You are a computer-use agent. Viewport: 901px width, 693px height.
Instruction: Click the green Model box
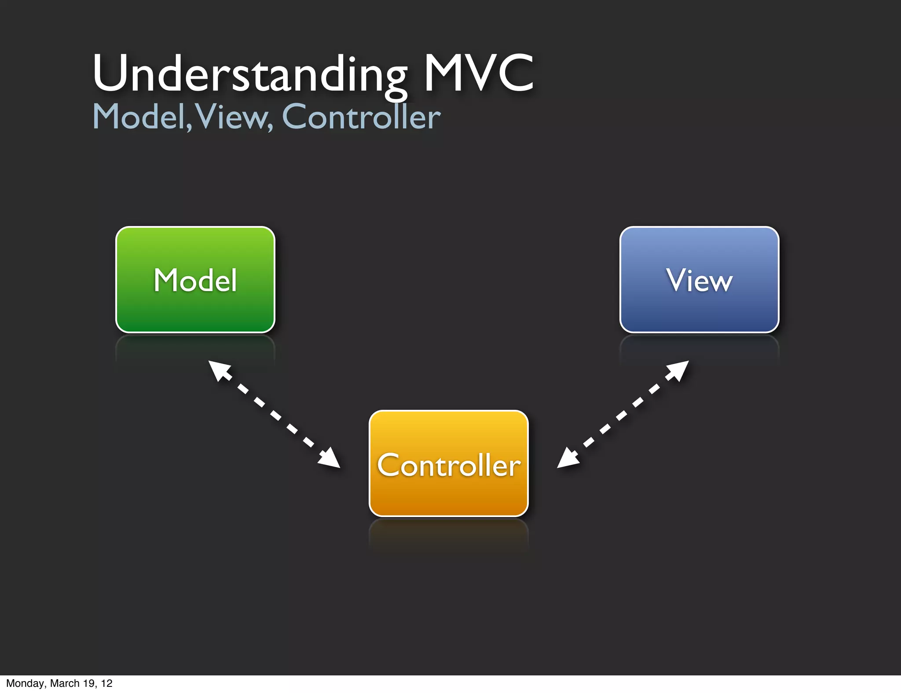(195, 280)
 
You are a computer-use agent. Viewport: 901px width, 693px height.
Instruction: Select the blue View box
(699, 280)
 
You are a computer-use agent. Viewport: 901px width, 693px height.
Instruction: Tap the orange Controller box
(448, 463)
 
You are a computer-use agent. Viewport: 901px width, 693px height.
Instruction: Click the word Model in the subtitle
(139, 117)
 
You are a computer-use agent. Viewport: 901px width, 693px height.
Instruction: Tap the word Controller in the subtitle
(361, 117)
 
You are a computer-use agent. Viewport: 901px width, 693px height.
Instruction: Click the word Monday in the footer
(25, 683)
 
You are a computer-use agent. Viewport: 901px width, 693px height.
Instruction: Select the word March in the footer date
(65, 683)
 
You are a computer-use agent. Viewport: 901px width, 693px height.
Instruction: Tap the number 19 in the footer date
(88, 683)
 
